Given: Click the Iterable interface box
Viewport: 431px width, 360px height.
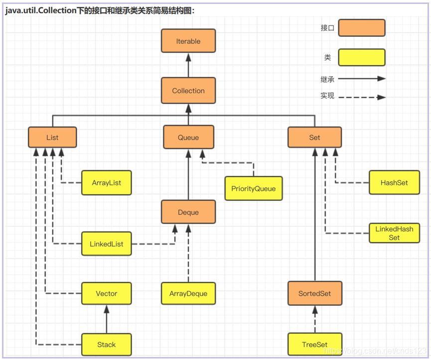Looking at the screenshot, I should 188,41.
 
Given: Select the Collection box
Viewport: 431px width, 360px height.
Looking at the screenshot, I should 188,91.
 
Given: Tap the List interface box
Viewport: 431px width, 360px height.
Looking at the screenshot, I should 52,137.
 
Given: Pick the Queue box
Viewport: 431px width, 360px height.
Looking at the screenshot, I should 188,137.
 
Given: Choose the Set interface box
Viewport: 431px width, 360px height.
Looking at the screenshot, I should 314,137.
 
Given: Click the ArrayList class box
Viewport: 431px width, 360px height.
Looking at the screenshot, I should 107,183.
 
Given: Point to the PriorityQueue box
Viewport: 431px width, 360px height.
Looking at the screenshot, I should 253,189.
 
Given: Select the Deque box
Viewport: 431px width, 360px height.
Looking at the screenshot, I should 188,212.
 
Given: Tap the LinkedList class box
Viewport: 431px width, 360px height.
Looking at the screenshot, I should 107,244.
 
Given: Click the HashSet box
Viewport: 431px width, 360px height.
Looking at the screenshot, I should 394,183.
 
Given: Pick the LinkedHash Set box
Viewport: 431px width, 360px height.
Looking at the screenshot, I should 394,233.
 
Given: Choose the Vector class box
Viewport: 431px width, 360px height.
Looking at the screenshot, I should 107,293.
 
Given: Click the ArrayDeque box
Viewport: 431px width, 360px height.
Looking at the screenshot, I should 188,293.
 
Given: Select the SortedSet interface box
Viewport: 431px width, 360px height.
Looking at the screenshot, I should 314,293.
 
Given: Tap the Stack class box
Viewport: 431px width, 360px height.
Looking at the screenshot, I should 107,345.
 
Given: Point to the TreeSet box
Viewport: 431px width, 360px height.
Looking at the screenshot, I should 314,345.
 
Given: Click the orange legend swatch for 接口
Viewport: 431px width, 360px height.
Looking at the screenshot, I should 361,28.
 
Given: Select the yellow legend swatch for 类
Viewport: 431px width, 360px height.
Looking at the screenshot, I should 361,57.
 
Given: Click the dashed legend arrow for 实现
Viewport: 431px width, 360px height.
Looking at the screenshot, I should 361,97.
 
